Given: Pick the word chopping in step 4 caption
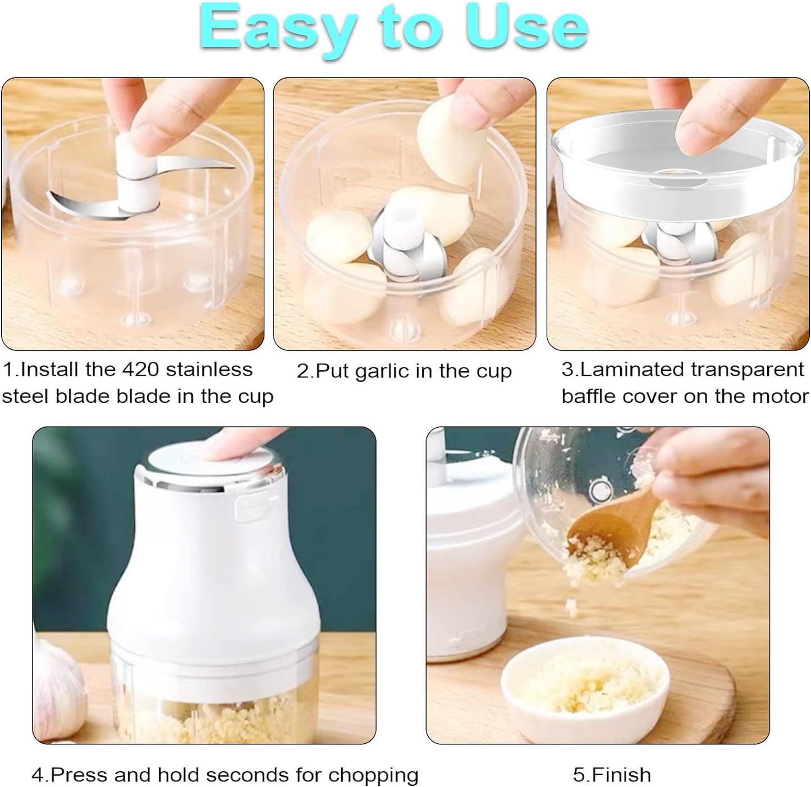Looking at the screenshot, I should [373, 775].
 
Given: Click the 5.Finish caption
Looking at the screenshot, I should [612, 775].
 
